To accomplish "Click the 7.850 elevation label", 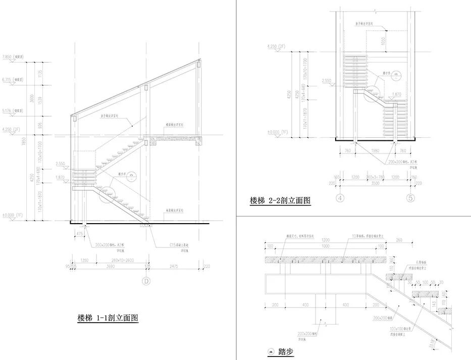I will click(x=10, y=57).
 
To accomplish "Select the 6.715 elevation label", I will click(x=10, y=79).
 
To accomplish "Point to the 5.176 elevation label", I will click(x=10, y=110).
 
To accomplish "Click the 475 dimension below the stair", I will click(x=79, y=234).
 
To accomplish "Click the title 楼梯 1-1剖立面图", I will click(x=108, y=318).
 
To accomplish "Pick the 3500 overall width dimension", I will click(x=374, y=184).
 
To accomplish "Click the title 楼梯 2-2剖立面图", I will click(x=280, y=200).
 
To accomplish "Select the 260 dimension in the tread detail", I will click(x=399, y=240).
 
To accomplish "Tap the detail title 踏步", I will click(x=285, y=351).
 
